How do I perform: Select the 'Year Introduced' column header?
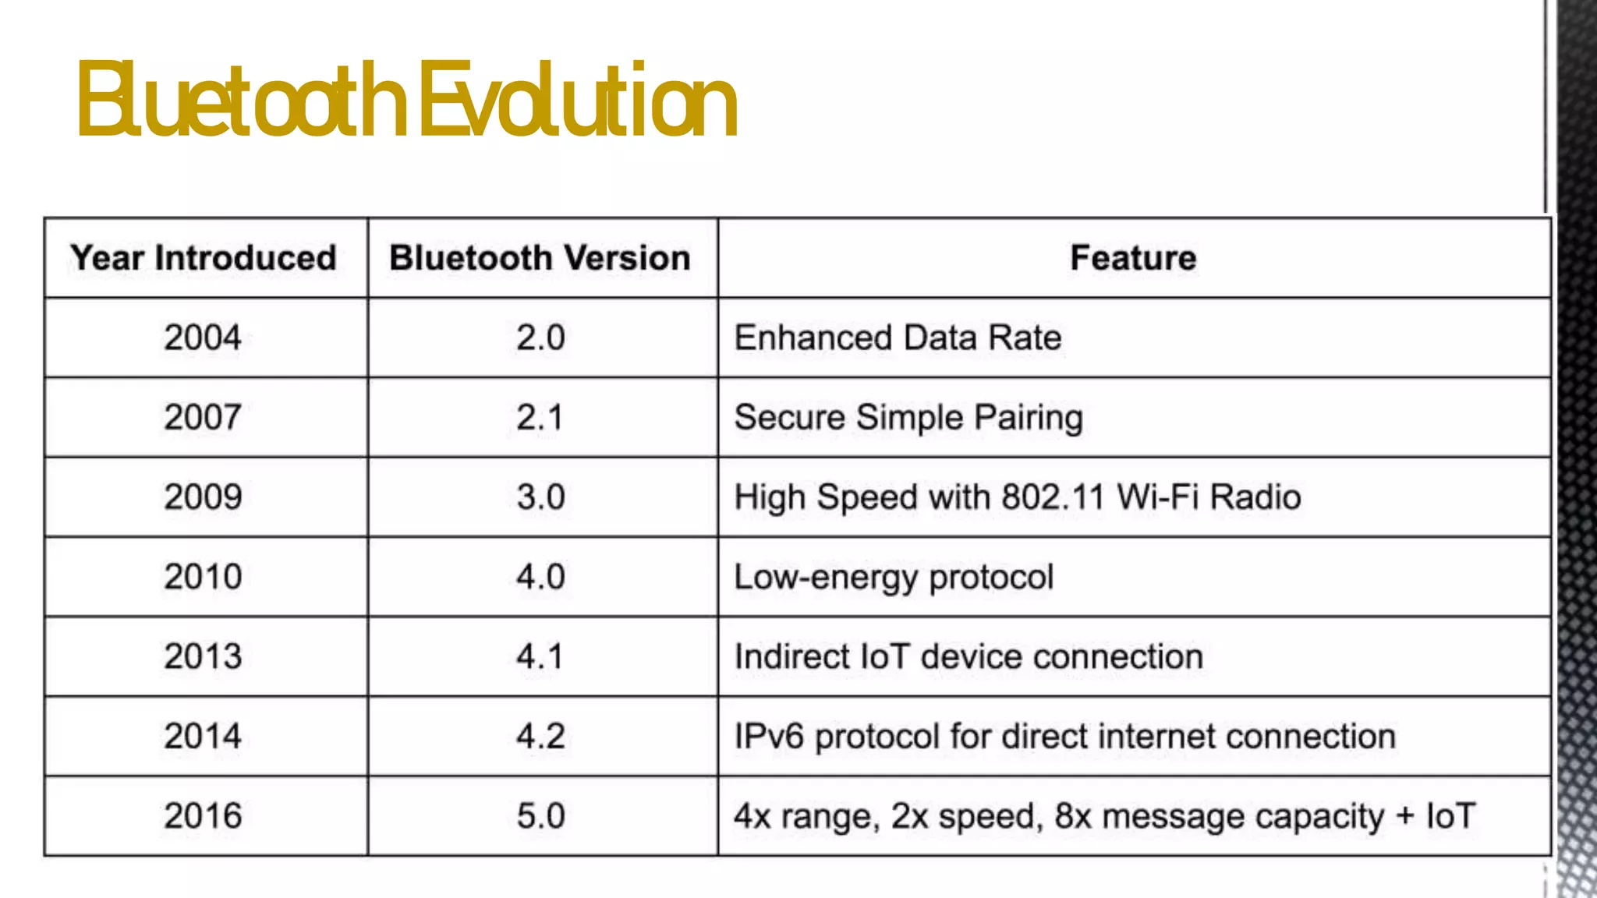coord(204,258)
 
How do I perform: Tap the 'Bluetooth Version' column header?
coord(540,258)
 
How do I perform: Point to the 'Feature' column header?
coord(1133,258)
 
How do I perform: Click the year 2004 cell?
coord(203,338)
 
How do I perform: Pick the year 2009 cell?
coord(203,497)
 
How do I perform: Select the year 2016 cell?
coord(203,816)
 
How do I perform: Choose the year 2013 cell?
coord(203,656)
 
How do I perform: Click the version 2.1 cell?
coord(540,418)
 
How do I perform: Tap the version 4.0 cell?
coord(540,577)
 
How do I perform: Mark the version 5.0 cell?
coord(540,816)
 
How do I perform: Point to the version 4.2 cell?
coord(540,737)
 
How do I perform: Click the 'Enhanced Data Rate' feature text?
coord(898,338)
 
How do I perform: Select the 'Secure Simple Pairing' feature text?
coord(908,418)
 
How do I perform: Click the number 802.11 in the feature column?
coord(1053,497)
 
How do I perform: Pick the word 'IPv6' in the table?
coord(769,737)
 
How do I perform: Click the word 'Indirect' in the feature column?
coord(791,656)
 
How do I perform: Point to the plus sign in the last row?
coord(1405,816)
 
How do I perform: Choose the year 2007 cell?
coord(203,418)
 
